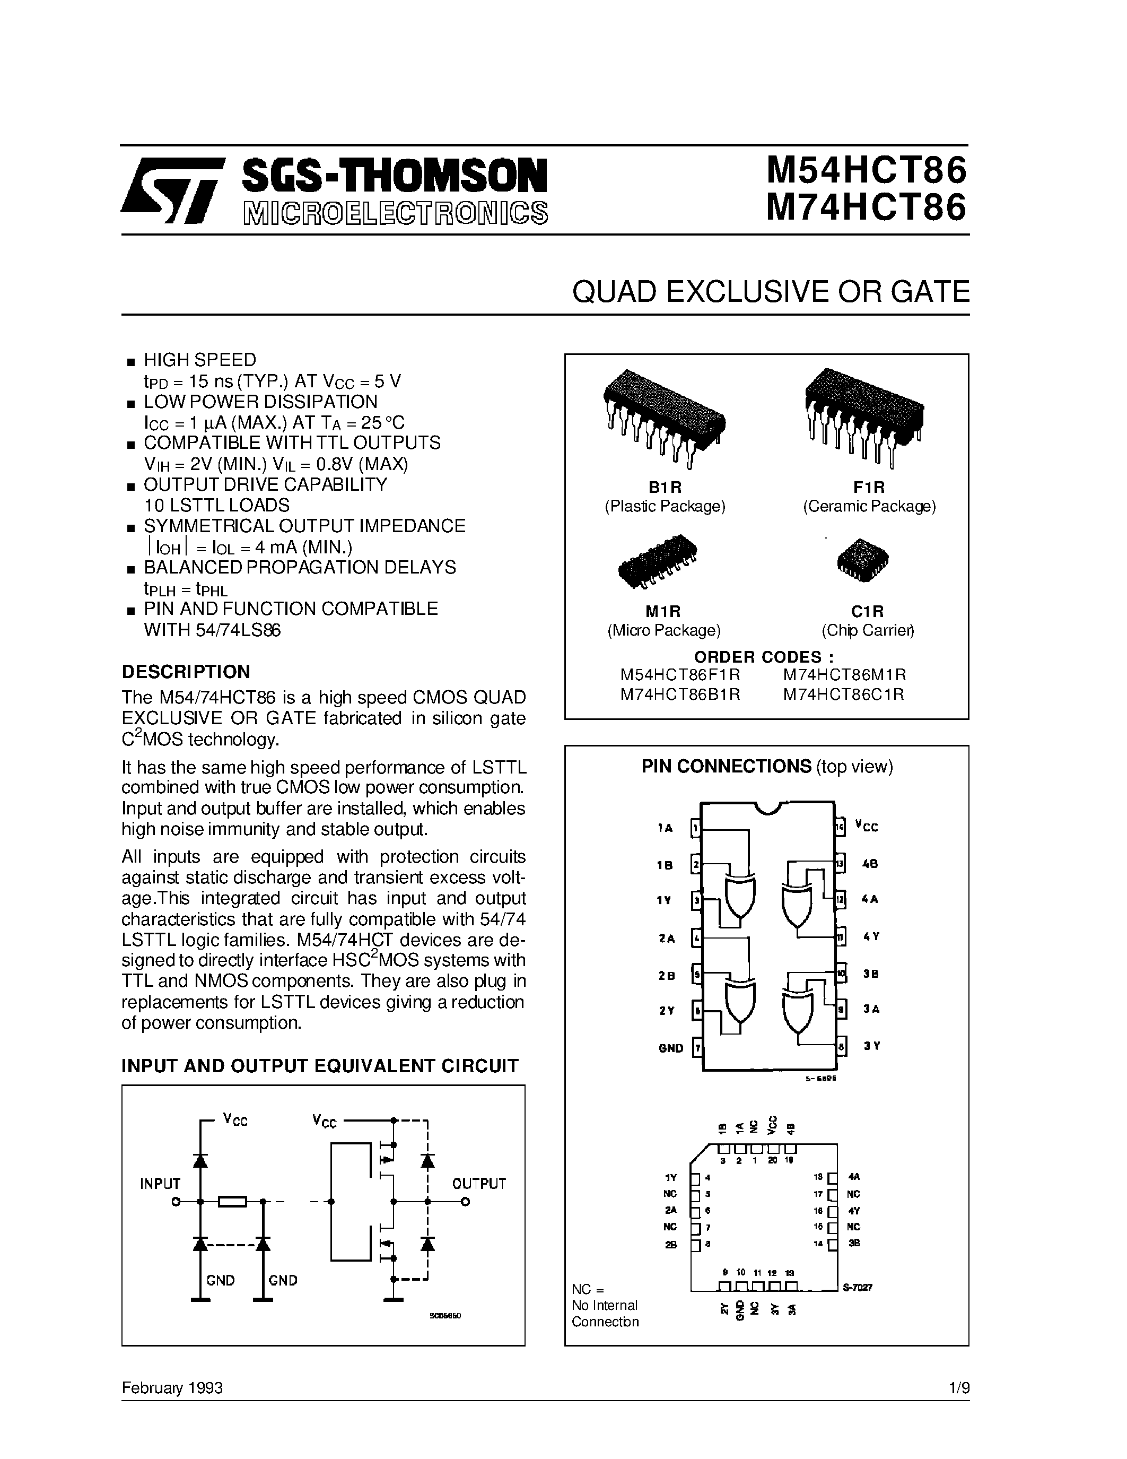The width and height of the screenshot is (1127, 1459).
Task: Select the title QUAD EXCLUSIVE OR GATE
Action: [771, 292]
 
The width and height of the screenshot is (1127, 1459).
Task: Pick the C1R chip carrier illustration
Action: [862, 559]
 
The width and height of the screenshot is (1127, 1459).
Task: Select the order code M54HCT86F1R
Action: [680, 675]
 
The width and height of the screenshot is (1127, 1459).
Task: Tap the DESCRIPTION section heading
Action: [186, 671]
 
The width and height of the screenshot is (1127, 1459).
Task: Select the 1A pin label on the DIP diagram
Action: [665, 828]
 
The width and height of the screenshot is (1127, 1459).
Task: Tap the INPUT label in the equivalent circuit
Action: [160, 1184]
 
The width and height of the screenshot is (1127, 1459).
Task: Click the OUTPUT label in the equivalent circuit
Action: [479, 1184]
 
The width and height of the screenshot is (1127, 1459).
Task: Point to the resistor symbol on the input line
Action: [232, 1202]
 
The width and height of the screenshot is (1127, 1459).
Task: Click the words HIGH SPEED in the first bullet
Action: [199, 360]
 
